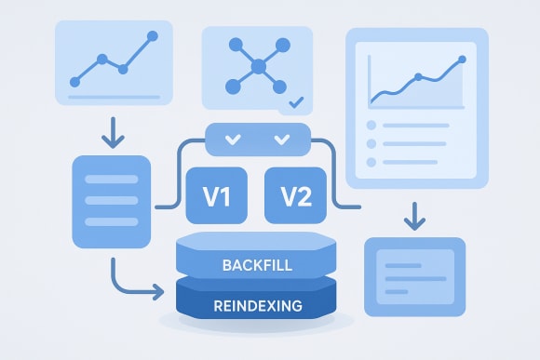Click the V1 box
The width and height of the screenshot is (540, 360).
[217, 196]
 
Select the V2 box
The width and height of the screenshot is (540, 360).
[296, 196]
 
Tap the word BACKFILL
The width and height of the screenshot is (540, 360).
[256, 266]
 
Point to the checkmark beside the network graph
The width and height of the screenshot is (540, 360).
[296, 102]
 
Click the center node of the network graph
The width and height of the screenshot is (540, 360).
[258, 66]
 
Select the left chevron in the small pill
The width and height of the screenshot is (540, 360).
[233, 140]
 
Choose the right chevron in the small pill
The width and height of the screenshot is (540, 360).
[281, 140]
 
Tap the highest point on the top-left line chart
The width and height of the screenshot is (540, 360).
[153, 36]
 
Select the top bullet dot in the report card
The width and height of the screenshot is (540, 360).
[371, 125]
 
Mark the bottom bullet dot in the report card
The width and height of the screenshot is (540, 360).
[371, 163]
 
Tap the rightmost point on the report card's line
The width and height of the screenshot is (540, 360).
[463, 60]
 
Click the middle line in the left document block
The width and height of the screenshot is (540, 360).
[110, 200]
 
